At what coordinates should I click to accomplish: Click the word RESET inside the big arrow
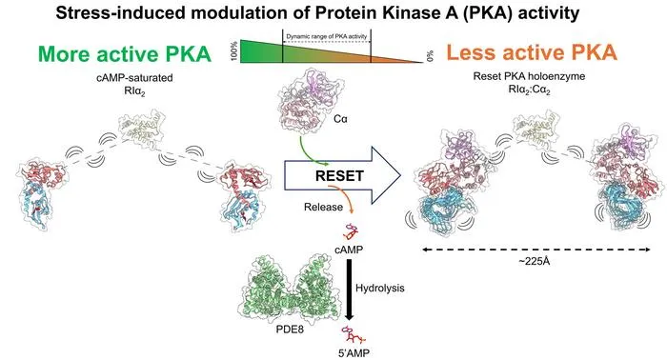pyautogui.click(x=339, y=176)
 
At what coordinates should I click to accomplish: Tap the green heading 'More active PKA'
pyautogui.click(x=125, y=54)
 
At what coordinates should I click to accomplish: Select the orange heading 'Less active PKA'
pyautogui.click(x=532, y=52)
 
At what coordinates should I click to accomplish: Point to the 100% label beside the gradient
pyautogui.click(x=234, y=51)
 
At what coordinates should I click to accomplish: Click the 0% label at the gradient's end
pyautogui.click(x=430, y=56)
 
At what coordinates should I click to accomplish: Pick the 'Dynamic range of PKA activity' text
pyautogui.click(x=326, y=36)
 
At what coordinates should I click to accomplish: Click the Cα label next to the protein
pyautogui.click(x=340, y=119)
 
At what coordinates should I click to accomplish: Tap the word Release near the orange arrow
pyautogui.click(x=323, y=207)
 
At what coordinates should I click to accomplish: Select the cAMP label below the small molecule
pyautogui.click(x=349, y=250)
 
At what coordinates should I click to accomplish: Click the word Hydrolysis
pyautogui.click(x=380, y=289)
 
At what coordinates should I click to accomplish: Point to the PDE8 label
pyautogui.click(x=290, y=330)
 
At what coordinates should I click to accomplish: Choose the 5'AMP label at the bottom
pyautogui.click(x=353, y=352)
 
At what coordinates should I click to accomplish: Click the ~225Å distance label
pyautogui.click(x=535, y=261)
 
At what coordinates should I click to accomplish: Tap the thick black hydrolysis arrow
pyautogui.click(x=349, y=289)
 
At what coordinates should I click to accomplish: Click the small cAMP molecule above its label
pyautogui.click(x=351, y=231)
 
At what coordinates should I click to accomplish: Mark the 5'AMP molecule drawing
pyautogui.click(x=354, y=335)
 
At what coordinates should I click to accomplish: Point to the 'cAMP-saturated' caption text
pyautogui.click(x=135, y=78)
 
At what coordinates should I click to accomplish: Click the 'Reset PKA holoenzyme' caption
pyautogui.click(x=529, y=76)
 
